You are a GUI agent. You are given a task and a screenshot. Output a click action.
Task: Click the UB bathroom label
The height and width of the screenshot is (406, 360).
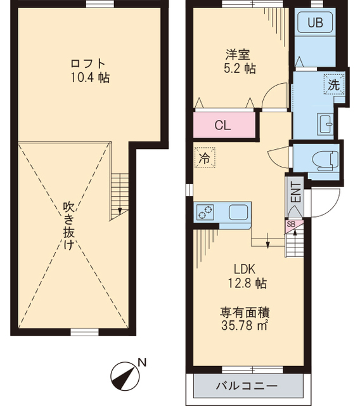point(316,23)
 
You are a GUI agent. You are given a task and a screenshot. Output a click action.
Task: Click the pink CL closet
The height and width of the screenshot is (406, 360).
point(223,125)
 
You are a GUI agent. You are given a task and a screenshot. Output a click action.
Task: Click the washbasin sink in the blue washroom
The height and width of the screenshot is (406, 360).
point(326,123)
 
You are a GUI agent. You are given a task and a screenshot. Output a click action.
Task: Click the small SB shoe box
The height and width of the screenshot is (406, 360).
point(291,225)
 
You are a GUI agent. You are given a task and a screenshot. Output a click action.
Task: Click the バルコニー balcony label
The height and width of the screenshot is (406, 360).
point(247,386)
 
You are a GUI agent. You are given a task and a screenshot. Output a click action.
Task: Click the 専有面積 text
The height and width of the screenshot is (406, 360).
point(245,311)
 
